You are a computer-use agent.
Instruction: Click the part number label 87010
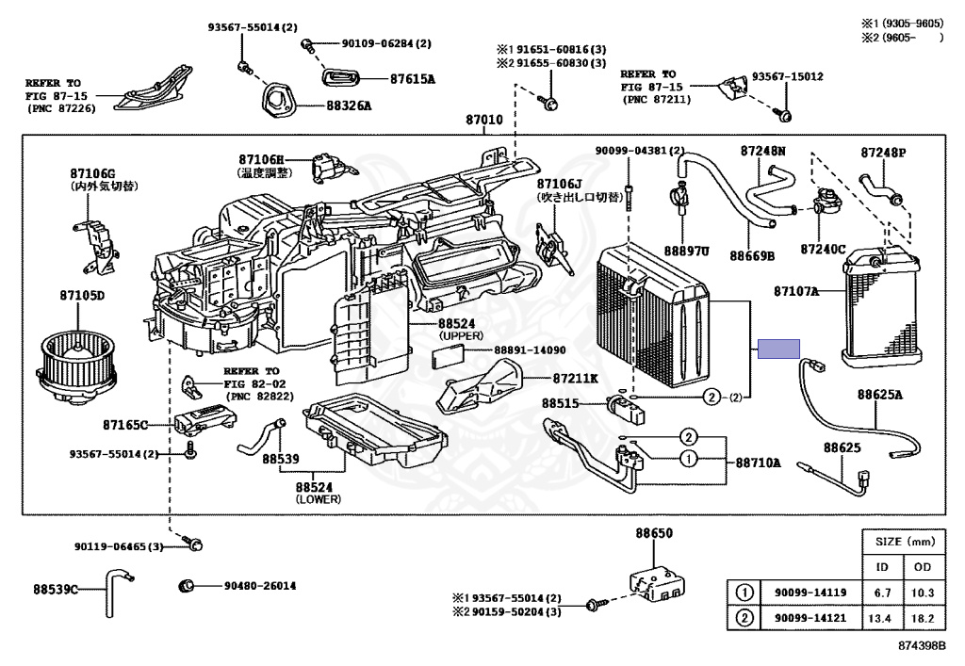coord(483,121)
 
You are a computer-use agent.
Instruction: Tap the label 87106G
coord(92,173)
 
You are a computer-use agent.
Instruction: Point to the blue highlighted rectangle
coord(779,349)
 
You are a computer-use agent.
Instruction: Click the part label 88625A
coord(880,395)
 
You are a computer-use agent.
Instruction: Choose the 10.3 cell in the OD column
coord(923,593)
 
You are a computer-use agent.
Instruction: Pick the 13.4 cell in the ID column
coord(882,618)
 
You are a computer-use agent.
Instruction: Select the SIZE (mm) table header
coord(903,543)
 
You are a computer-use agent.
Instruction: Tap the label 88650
coord(653,533)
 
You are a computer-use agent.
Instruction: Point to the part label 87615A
coord(412,79)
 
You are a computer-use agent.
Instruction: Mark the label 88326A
coord(350,106)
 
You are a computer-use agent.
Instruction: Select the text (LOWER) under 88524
coord(318,499)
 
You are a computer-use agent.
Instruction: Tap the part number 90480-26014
coord(260,586)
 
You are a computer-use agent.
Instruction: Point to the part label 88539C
coord(56,590)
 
